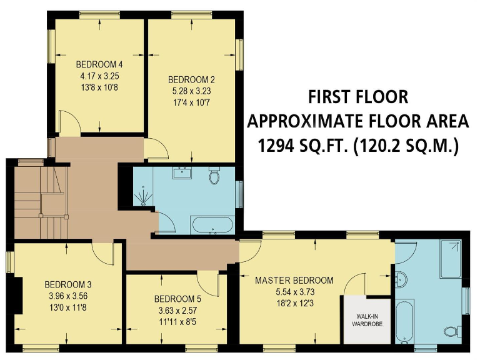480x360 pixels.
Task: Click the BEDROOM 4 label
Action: point(99,64)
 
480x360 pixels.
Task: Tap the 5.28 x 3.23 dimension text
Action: point(192,91)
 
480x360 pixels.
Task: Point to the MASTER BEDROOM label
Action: point(294,280)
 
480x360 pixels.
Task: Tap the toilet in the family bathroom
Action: point(215,177)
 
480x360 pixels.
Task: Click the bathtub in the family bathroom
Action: point(212,224)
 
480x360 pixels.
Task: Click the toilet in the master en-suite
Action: point(449,331)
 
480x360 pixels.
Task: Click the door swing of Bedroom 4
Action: point(69,122)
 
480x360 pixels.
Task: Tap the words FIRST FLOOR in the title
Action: point(357,97)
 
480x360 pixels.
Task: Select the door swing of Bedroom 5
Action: point(210,284)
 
